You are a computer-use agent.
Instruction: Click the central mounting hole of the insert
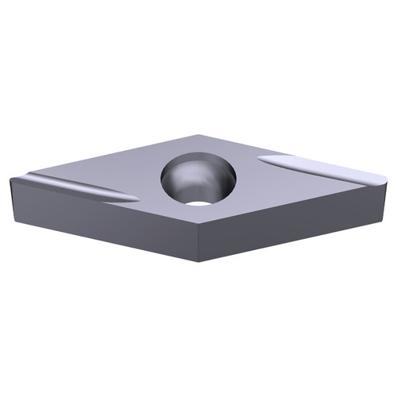click(x=198, y=179)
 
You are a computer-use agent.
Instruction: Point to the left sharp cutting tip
click(x=11, y=179)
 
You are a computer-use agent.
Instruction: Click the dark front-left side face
click(x=103, y=227)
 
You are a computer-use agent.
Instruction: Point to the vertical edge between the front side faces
click(x=197, y=246)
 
